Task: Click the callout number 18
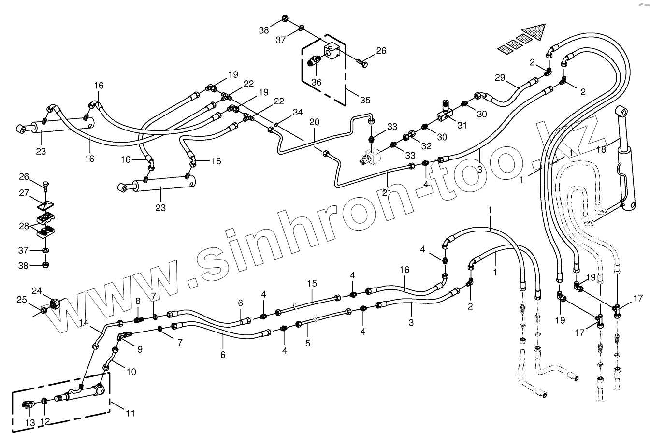[601, 150]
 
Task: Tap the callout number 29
[500, 77]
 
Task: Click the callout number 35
[365, 101]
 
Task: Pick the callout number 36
[316, 82]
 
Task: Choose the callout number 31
[462, 125]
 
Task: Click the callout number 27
[24, 193]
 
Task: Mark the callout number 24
[37, 290]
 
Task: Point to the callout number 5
[308, 343]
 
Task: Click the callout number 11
[130, 413]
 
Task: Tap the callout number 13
[30, 423]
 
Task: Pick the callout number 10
[131, 372]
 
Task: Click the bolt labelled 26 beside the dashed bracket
[363, 62]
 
